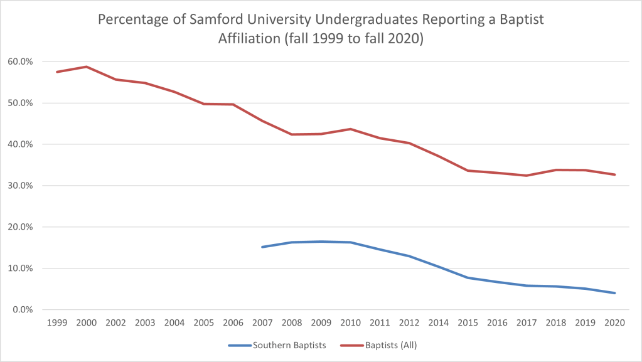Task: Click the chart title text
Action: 321,29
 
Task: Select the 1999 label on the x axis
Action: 56,323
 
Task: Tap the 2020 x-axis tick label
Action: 614,323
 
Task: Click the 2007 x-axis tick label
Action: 262,323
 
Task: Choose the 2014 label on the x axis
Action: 438,323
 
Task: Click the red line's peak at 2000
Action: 86,67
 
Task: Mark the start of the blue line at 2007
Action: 262,247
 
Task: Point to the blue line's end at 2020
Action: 614,293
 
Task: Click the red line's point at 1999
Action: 56,72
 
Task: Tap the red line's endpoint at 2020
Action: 614,174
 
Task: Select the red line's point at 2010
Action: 350,129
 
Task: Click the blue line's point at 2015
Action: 468,278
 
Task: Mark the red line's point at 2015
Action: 468,171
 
